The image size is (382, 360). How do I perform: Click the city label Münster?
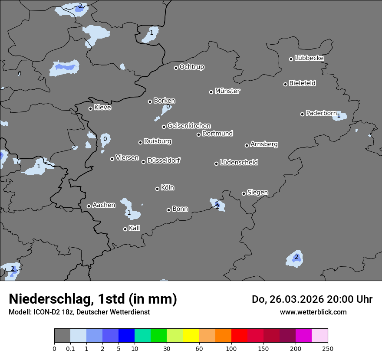[227, 91]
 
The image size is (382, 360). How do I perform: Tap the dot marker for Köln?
[158, 189]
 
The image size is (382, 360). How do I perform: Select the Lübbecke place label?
[310, 58]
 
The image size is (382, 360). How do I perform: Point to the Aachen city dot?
[89, 206]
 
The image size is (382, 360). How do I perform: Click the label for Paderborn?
[321, 113]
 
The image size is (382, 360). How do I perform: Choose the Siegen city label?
[257, 193]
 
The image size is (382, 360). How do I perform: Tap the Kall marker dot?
[125, 229]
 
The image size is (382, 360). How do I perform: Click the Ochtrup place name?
[192, 67]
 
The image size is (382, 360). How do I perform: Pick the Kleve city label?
[102, 108]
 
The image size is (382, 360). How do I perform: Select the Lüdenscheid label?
[239, 163]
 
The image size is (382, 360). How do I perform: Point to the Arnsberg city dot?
[247, 145]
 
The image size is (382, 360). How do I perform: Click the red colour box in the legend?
[239, 336]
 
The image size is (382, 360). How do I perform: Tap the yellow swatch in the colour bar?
[191, 336]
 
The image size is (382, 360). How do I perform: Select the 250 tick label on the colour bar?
[328, 348]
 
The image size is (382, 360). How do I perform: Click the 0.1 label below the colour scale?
[70, 348]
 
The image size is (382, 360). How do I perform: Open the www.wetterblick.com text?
[313, 312]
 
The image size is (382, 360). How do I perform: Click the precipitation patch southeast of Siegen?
[295, 258]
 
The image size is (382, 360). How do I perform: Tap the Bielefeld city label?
[302, 83]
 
